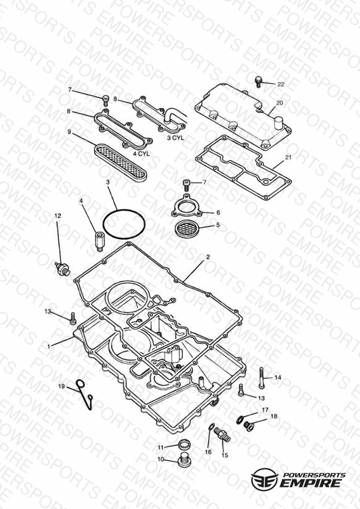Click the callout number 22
click(281, 84)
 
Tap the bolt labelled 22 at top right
click(258, 82)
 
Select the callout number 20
click(280, 103)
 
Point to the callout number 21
click(288, 158)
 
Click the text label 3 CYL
click(175, 138)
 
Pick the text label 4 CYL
click(141, 154)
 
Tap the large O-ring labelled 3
click(123, 224)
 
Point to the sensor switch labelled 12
click(62, 269)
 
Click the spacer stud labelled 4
click(98, 240)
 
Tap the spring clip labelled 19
click(85, 393)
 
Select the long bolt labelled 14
click(261, 377)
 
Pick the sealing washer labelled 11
click(184, 444)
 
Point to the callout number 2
click(208, 257)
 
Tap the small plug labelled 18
click(249, 426)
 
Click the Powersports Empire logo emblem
click(264, 479)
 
